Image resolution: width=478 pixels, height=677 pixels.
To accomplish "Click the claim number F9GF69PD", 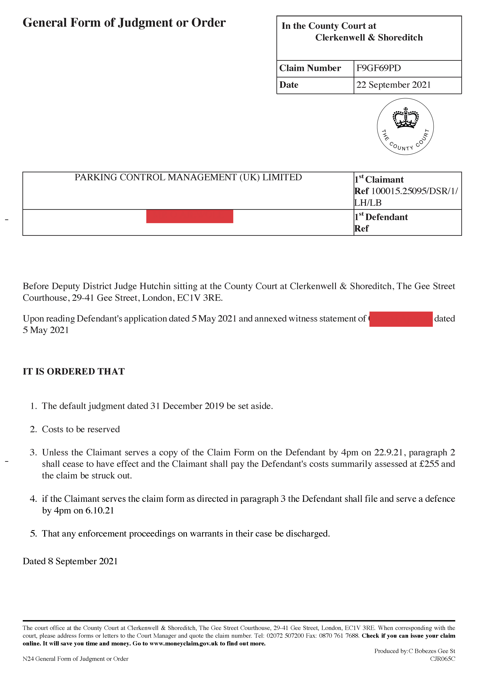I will pyautogui.click(x=378, y=68).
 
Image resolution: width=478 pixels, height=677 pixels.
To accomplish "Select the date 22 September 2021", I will pyautogui.click(x=394, y=85).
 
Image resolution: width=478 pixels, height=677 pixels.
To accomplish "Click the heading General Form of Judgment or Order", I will pyautogui.click(x=124, y=23).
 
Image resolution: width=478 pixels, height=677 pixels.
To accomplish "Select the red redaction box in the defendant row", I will pyautogui.click(x=190, y=216).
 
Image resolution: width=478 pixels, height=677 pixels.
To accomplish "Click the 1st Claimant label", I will pyautogui.click(x=379, y=180).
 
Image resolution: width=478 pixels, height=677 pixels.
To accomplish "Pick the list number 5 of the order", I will pyautogui.click(x=33, y=534).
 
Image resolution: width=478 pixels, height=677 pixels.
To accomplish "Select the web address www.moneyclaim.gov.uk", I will pyautogui.click(x=184, y=643).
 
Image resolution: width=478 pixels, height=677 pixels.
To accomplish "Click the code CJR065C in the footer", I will pyautogui.click(x=442, y=659).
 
